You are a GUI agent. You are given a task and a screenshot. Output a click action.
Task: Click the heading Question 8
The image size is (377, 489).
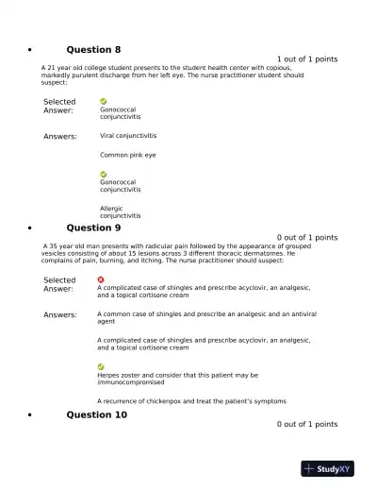(93, 49)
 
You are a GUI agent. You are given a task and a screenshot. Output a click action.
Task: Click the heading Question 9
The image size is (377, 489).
(93, 228)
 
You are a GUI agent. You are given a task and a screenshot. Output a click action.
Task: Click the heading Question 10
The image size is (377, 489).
(96, 414)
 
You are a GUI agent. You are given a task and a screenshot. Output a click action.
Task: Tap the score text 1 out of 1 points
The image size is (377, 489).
(307, 59)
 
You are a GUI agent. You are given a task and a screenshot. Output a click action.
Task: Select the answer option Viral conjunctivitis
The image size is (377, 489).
(128, 136)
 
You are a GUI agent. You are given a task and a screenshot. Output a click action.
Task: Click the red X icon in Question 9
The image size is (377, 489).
(101, 278)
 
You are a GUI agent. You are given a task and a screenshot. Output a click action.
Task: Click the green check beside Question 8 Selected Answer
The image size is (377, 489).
(104, 101)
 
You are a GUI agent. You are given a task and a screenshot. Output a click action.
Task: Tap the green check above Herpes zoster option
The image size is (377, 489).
(101, 366)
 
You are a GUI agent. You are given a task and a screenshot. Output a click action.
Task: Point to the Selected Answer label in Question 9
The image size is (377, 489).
(59, 284)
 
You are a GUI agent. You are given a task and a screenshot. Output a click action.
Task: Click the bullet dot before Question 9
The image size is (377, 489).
(31, 228)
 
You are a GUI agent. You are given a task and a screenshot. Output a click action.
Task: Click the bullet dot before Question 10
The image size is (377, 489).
(31, 415)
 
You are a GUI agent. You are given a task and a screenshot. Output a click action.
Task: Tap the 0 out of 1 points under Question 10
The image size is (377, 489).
(307, 425)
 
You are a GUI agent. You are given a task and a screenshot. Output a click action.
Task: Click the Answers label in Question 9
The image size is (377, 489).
(60, 315)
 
